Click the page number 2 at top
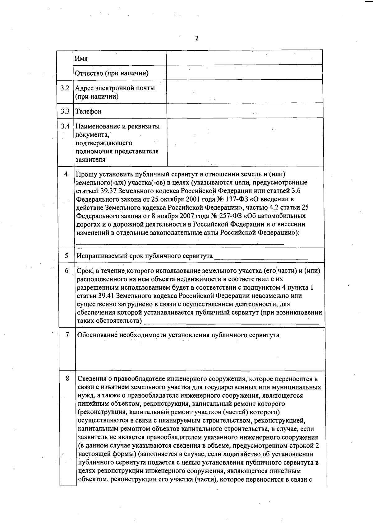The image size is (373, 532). [x=196, y=39]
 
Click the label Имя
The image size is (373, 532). [x=81, y=58]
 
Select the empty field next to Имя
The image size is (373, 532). [x=244, y=58]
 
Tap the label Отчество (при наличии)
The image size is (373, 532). [x=112, y=73]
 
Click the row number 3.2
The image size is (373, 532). [x=65, y=88]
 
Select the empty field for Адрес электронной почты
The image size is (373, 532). [x=244, y=92]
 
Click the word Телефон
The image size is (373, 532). [x=89, y=111]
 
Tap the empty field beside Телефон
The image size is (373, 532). [x=244, y=111]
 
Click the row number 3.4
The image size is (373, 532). [x=65, y=126]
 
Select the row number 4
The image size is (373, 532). [x=66, y=174]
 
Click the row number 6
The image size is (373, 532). [x=67, y=271]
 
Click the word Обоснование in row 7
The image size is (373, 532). [x=97, y=335]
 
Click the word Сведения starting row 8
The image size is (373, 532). [x=91, y=379]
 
